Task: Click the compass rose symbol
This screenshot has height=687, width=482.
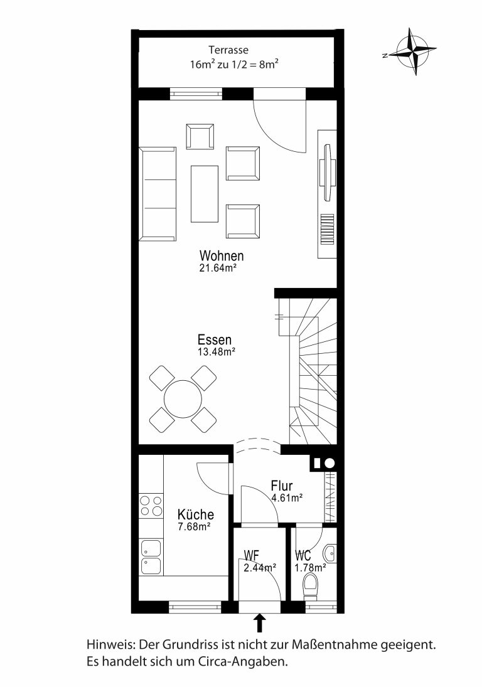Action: (x=413, y=51)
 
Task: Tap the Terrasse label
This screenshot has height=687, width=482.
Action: (x=228, y=50)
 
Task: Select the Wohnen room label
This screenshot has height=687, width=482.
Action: (x=222, y=256)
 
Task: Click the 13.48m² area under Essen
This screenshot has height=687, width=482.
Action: (x=217, y=351)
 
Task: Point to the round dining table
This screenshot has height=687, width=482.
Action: (x=183, y=398)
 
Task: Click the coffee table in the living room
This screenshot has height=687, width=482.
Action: (x=204, y=194)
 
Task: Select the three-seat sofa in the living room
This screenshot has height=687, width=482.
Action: (x=158, y=194)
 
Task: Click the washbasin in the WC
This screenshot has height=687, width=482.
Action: (x=331, y=552)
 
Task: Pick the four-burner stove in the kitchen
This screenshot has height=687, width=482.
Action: (x=151, y=505)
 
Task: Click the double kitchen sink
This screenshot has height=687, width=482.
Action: (x=151, y=557)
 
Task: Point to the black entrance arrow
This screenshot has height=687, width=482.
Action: (x=260, y=622)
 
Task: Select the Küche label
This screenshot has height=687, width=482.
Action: (x=196, y=514)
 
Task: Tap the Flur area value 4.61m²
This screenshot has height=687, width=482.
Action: (x=287, y=498)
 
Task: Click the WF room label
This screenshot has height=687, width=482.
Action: (x=251, y=556)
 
